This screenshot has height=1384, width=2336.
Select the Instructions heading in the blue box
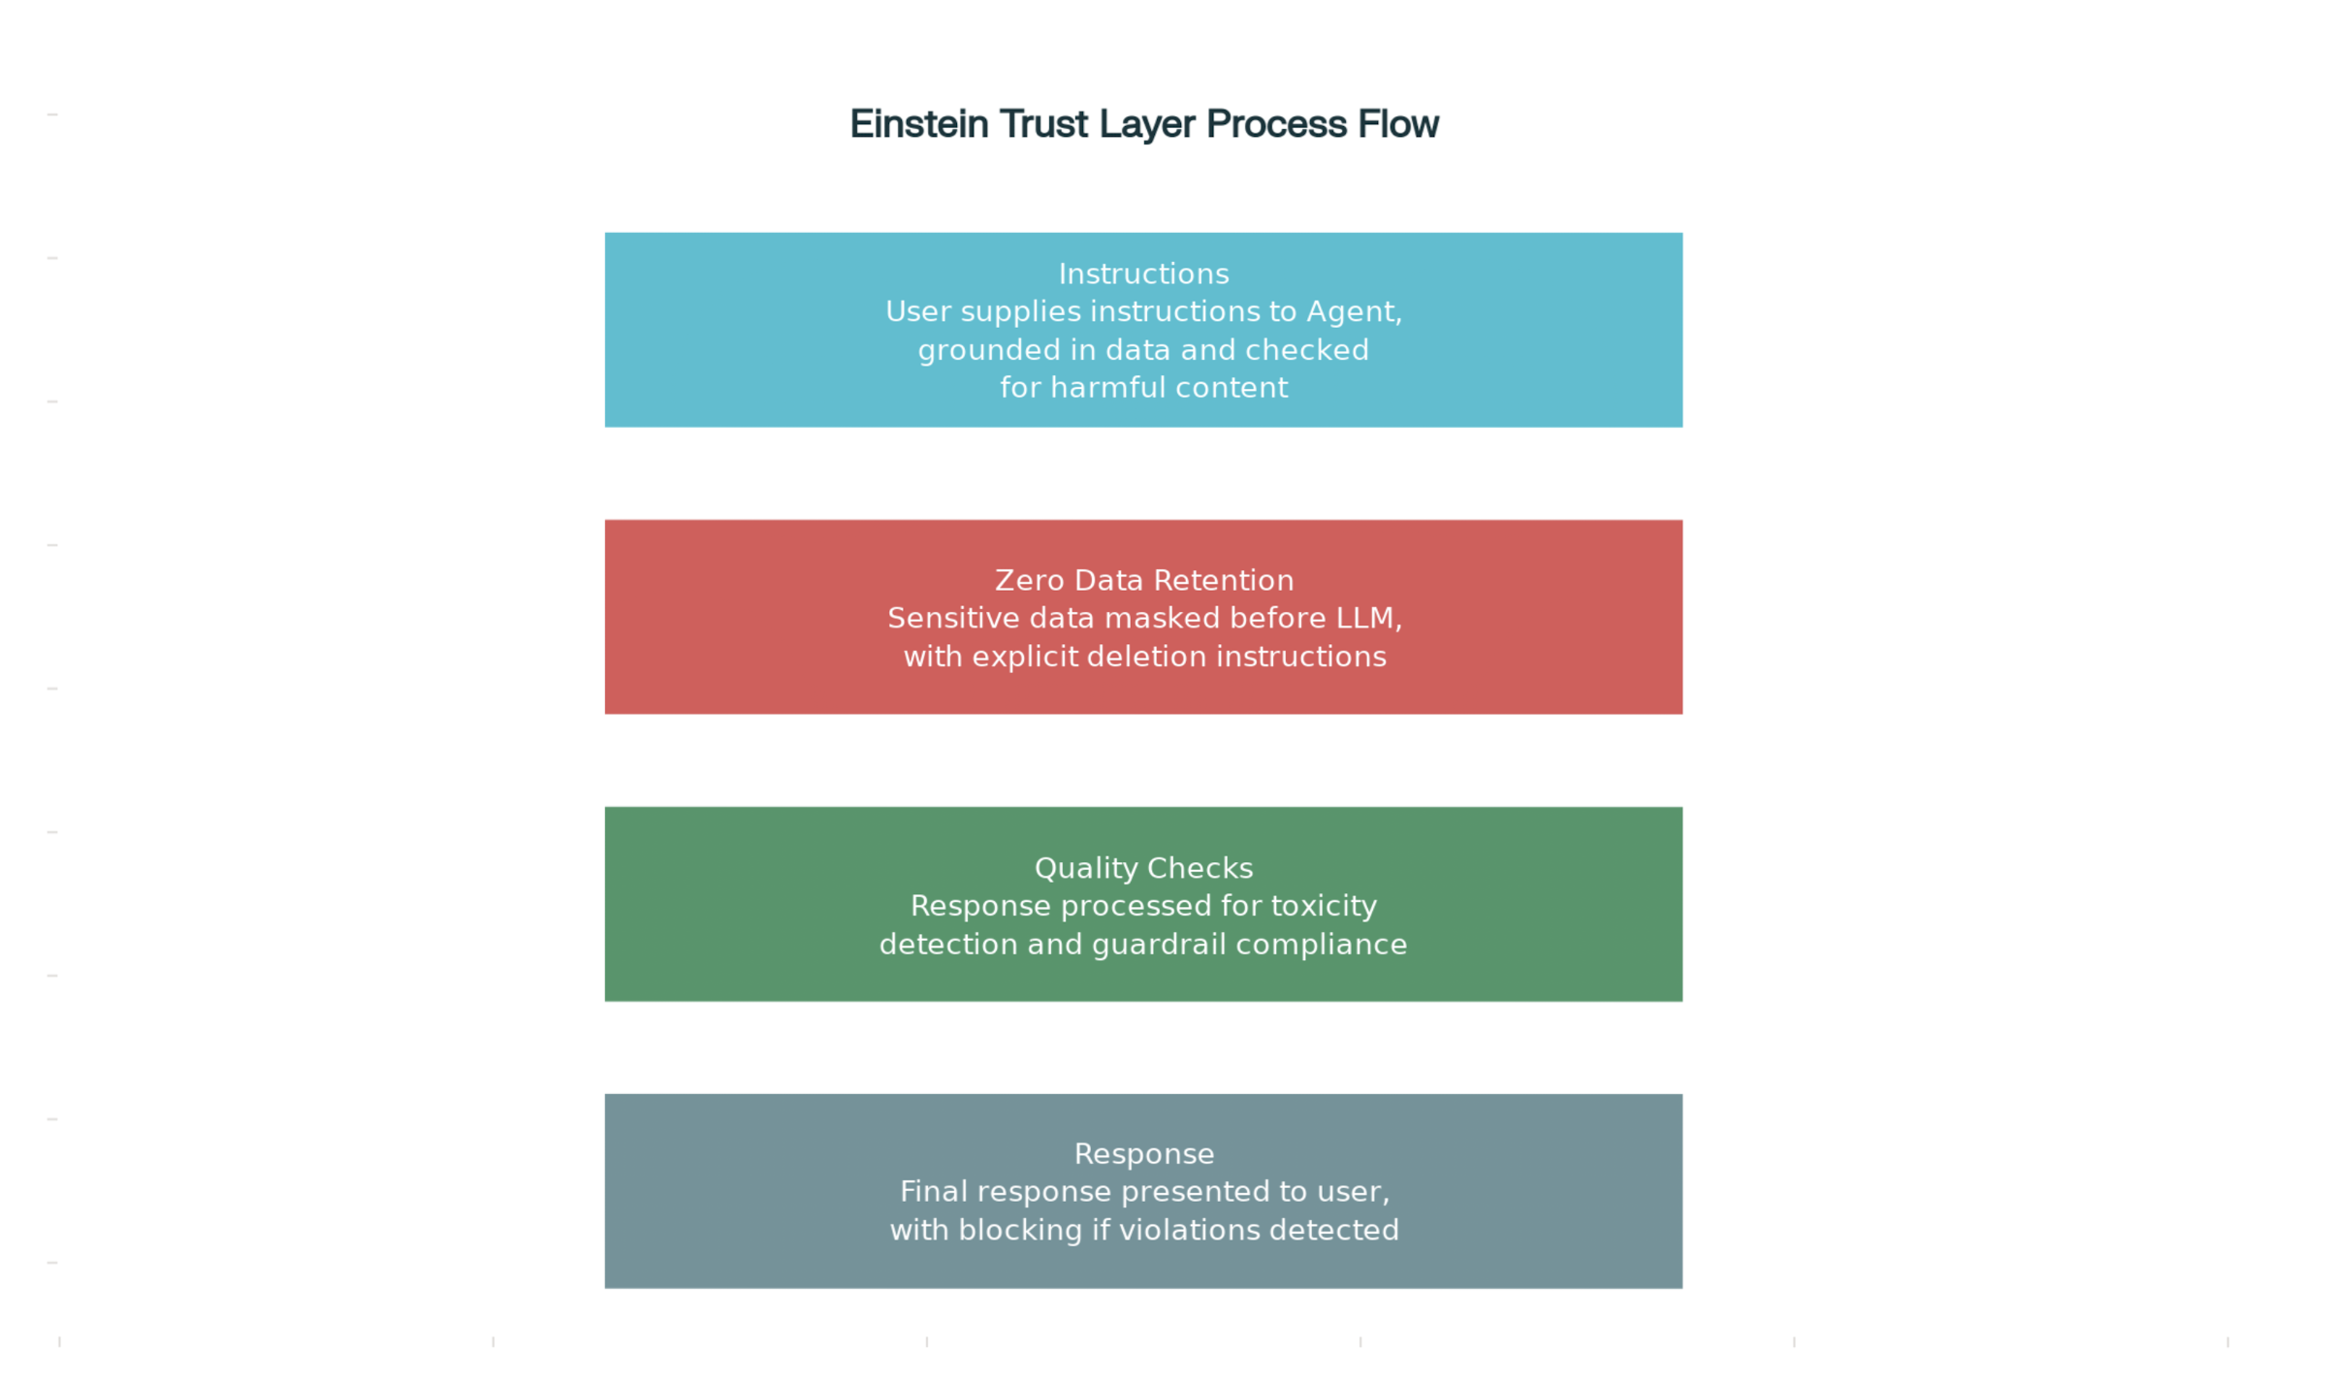pos(1143,274)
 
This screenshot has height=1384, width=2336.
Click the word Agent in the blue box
pos(1353,312)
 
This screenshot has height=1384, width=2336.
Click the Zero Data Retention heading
pos(1144,580)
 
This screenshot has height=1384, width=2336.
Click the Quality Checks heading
pos(1143,868)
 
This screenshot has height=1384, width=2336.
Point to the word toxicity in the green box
pos(1324,906)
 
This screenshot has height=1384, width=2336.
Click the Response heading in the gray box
pos(1144,1154)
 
